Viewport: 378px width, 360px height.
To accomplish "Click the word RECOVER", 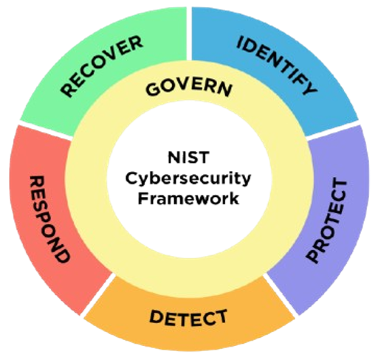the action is point(102,66).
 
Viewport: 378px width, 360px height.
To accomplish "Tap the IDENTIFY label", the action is point(277,65).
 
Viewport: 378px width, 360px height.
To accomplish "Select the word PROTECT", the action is point(326,221).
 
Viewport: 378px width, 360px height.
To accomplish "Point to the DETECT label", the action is point(188,318).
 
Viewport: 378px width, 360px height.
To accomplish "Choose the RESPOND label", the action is point(49,219).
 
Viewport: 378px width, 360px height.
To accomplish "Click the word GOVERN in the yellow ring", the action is point(189,89).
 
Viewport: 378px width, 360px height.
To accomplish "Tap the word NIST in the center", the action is point(189,157).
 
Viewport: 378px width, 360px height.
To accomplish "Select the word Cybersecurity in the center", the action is point(188,179).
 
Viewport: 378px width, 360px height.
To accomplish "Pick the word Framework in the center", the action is point(188,198).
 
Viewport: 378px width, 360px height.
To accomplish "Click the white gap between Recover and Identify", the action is point(189,33).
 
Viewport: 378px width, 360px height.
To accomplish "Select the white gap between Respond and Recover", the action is point(45,130).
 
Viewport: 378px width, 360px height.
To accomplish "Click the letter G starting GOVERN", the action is point(152,89).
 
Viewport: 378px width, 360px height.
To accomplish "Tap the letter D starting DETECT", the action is point(156,316).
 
